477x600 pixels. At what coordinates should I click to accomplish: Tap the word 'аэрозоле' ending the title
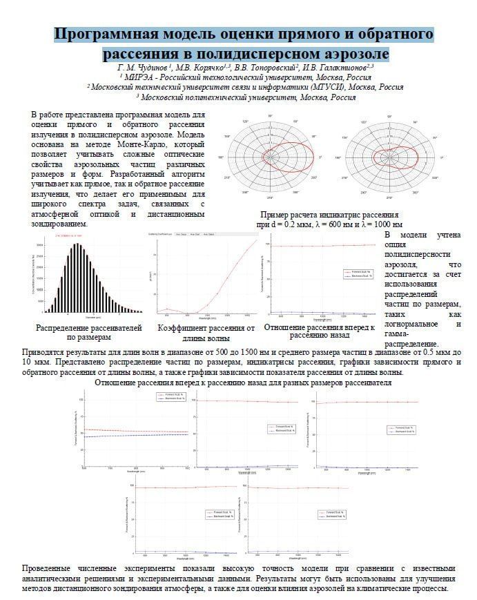tap(350, 53)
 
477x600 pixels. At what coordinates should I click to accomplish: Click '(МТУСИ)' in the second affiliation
tap(333, 87)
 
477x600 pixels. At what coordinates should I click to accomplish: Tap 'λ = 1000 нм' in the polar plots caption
tap(378, 224)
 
